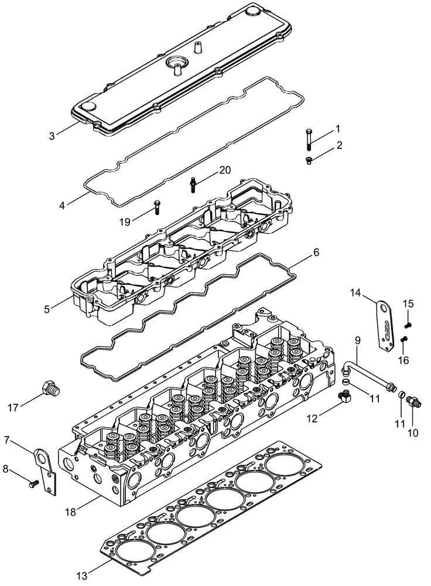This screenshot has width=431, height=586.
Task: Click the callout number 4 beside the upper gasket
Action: click(62, 205)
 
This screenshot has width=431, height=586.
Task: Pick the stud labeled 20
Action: click(192, 184)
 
